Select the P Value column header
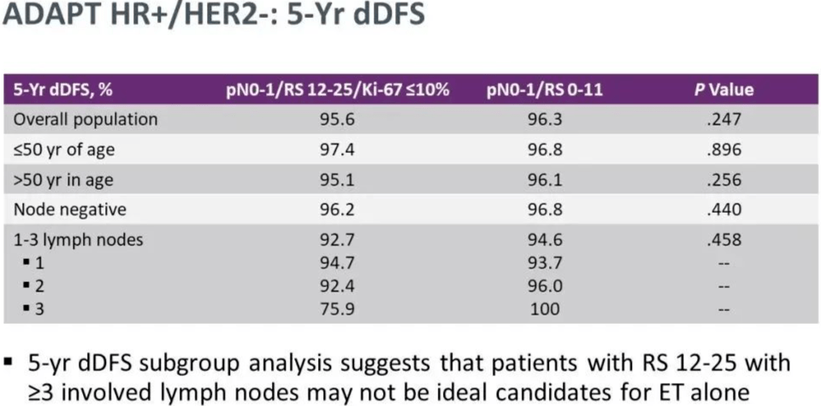(724, 90)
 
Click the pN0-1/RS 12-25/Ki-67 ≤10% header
(337, 90)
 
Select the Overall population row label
(84, 120)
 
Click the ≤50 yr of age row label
(64, 150)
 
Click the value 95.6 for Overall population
(337, 120)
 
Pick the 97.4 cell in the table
(337, 150)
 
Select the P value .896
(724, 150)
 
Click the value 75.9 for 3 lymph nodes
(337, 309)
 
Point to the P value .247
(724, 120)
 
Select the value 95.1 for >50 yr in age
(337, 180)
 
